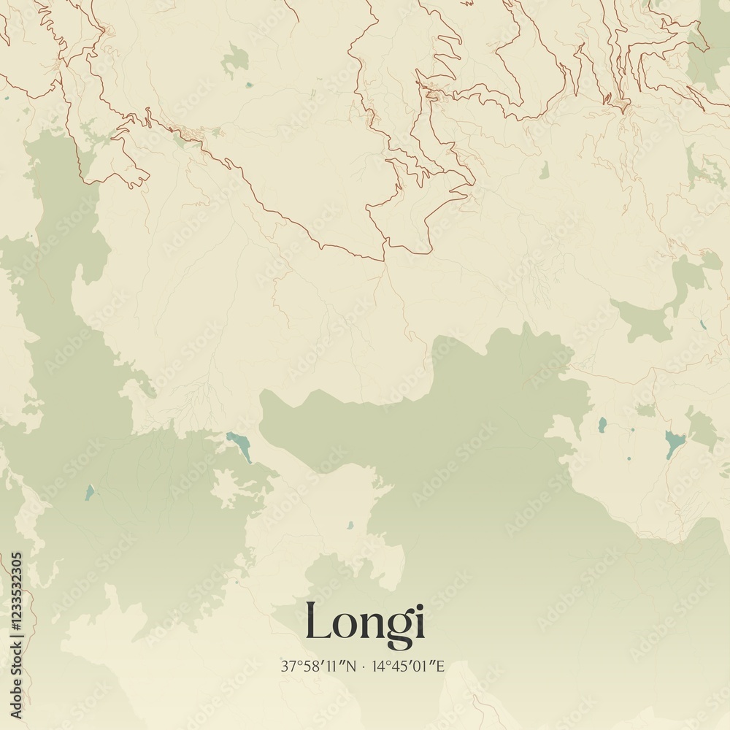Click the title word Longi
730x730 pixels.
364,622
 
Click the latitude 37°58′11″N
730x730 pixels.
318,666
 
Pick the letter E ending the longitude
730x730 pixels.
441,666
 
